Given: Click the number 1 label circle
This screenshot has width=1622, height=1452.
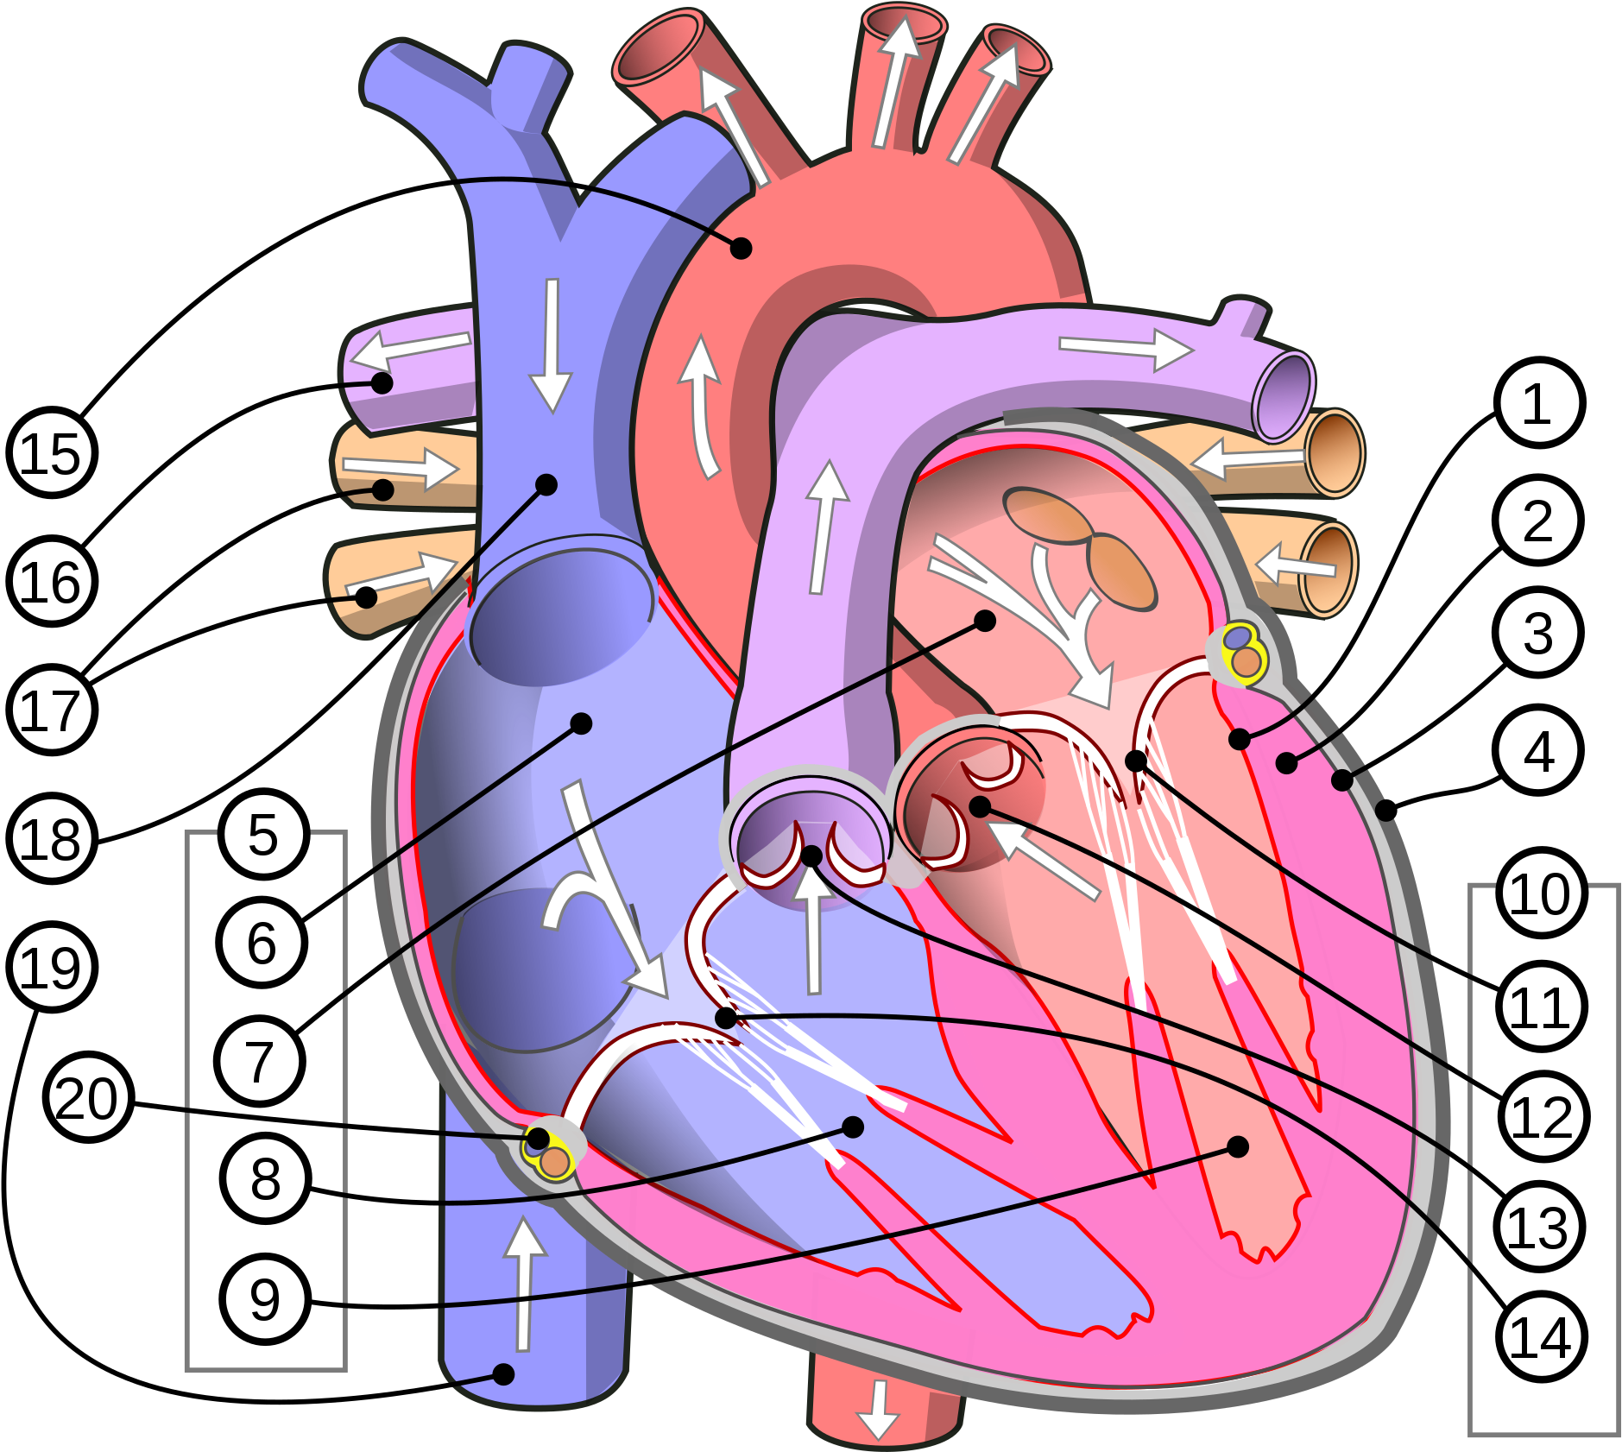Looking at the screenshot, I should click(x=1539, y=402).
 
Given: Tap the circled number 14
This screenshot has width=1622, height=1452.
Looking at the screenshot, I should click(x=1542, y=1337).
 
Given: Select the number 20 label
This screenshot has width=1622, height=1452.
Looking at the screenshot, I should click(x=88, y=1097).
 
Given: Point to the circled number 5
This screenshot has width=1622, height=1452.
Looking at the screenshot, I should click(x=263, y=834).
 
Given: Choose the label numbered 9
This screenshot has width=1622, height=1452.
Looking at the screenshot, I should click(x=265, y=1298).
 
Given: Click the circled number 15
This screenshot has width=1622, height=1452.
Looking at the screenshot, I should click(x=52, y=453).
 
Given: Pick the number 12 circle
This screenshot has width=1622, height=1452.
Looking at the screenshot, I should click(x=1543, y=1116).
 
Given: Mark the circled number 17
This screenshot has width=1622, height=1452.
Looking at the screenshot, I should click(x=52, y=710).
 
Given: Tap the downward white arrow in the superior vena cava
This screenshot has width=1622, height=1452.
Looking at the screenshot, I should click(x=552, y=345).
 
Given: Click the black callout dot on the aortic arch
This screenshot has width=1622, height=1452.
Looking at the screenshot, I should click(x=741, y=249).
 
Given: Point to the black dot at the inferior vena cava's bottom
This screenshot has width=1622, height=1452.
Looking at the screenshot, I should click(x=503, y=1373).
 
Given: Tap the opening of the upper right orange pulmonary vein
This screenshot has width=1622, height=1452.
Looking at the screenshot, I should click(x=1334, y=453).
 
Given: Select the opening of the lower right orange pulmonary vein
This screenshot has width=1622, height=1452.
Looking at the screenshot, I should click(x=1328, y=569).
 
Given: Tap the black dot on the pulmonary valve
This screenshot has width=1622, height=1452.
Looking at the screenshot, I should click(x=811, y=856).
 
